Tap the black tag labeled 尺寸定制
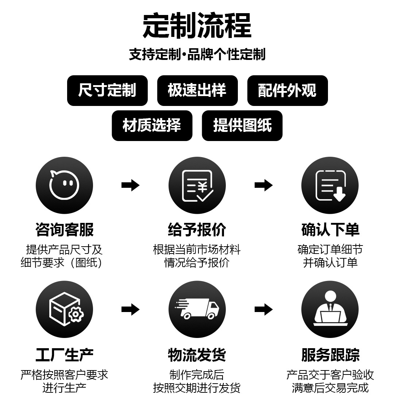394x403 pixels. pos(107,91)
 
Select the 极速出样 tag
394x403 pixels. pos(197,91)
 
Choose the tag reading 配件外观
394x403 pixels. pos(287,91)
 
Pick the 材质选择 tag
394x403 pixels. pos(152,126)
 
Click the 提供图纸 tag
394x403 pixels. pos(242,126)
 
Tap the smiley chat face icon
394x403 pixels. pos(64,185)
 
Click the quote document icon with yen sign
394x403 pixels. pos(197,185)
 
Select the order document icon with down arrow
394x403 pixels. pos(330,185)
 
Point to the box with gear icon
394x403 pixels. pos(64,309)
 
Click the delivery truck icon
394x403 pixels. pos(197,309)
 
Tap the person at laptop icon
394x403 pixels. pos(330,309)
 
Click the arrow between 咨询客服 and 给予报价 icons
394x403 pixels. pos(130,185)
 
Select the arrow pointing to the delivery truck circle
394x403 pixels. pos(130,309)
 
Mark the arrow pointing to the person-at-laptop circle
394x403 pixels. pos(263,309)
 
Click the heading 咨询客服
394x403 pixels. pos(64,230)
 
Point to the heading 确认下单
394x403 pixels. pos(330,230)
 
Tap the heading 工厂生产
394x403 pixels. pos(64,355)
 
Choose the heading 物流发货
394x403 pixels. pos(197,355)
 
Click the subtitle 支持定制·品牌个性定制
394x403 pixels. pos(197,54)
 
